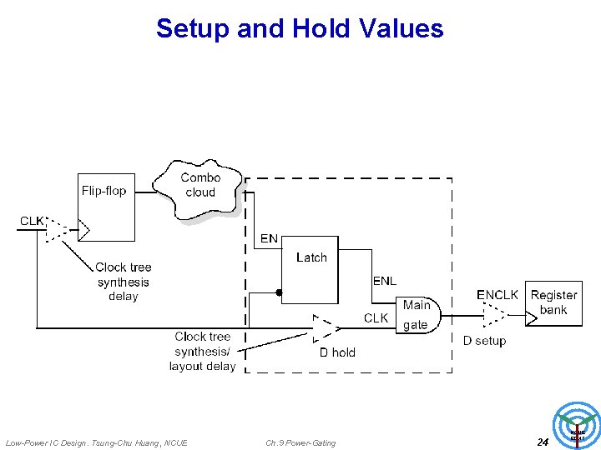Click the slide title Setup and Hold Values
pos(300,28)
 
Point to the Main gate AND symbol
pos(417,315)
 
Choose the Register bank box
pos(554,303)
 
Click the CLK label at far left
pos(33,221)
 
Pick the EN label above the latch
pos(269,239)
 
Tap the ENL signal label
pos(384,281)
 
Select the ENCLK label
pos(497,295)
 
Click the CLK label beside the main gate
pos(376,318)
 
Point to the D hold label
pos(337,352)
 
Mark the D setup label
pos(485,341)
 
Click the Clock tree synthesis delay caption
pos(124,282)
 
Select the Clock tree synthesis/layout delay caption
pos(202,351)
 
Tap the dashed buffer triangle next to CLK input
pos(58,230)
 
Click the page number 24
pos(543,442)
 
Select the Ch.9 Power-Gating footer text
pos(300,442)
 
